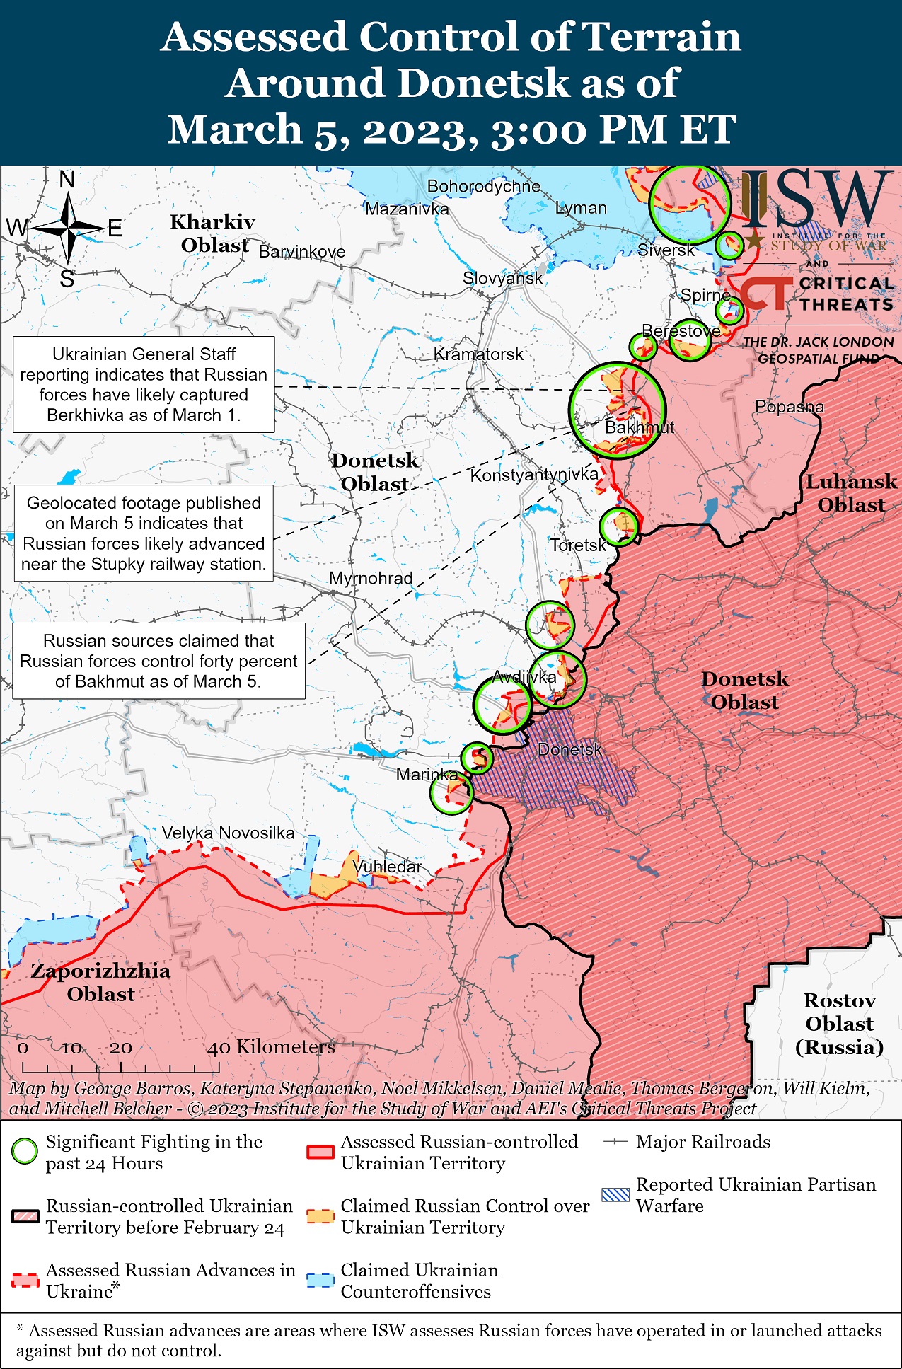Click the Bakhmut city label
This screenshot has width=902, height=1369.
[x=639, y=427]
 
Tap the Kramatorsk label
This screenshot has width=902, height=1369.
[x=478, y=354]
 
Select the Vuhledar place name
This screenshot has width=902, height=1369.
[x=387, y=866]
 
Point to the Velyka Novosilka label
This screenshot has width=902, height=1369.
[x=228, y=833]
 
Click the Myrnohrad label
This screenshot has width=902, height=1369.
[x=370, y=578]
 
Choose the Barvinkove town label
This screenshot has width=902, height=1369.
[x=302, y=252]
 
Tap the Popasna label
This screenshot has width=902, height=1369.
[x=789, y=407]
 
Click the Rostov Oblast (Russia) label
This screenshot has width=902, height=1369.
[x=839, y=1023]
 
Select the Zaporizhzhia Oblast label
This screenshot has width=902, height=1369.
[x=100, y=982]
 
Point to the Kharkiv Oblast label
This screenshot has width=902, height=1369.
[x=212, y=233]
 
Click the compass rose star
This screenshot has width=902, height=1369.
[x=69, y=228]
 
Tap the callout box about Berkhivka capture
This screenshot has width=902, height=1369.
[x=144, y=384]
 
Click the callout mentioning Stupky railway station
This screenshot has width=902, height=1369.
[x=144, y=533]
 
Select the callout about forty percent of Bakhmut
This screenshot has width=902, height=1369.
[x=158, y=661]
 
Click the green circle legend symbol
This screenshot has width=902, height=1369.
[x=25, y=1152]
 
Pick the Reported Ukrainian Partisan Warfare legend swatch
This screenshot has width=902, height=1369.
[x=615, y=1195]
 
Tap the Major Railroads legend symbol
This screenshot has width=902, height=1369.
[x=615, y=1142]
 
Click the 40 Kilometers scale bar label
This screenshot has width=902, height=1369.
[x=270, y=1046]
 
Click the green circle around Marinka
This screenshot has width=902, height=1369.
[x=451, y=792]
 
